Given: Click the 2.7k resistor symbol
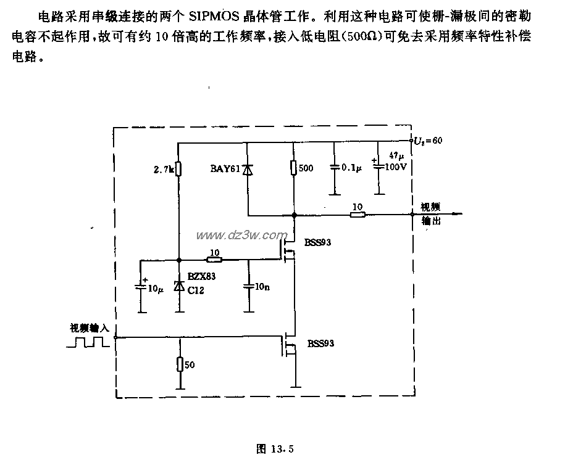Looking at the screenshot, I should click(178, 168).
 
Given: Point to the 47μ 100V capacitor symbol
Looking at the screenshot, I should click(377, 166).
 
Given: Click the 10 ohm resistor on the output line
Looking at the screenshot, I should click(356, 215).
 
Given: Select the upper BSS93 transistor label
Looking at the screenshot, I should click(317, 242).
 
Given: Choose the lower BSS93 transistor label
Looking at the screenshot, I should click(320, 343).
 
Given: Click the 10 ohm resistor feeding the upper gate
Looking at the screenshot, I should click(213, 259).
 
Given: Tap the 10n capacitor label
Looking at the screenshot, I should click(262, 287).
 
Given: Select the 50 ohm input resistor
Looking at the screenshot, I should click(179, 364).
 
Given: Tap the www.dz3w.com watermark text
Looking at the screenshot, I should click(241, 235).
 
